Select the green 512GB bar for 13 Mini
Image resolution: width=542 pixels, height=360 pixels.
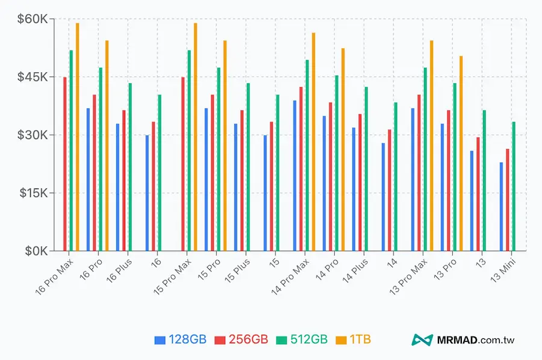click(513, 186)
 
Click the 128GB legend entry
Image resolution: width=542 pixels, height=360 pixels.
click(181, 340)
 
